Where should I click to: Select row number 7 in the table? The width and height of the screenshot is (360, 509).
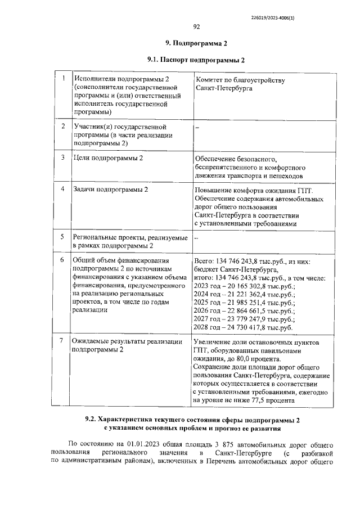63,341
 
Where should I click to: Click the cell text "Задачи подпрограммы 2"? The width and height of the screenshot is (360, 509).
111,190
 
